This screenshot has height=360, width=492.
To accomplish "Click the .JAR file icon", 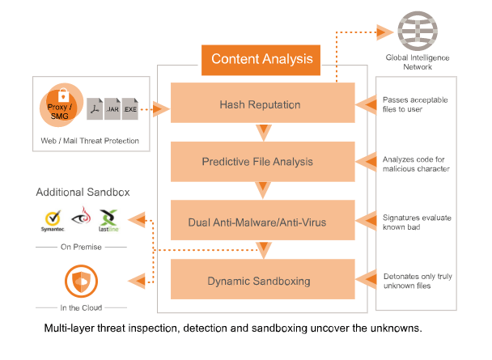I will click(x=112, y=107).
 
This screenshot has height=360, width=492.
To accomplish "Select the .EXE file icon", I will click(x=130, y=107).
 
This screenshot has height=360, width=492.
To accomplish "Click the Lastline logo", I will click(x=110, y=219).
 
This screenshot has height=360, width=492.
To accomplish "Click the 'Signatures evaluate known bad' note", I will click(x=416, y=223).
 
